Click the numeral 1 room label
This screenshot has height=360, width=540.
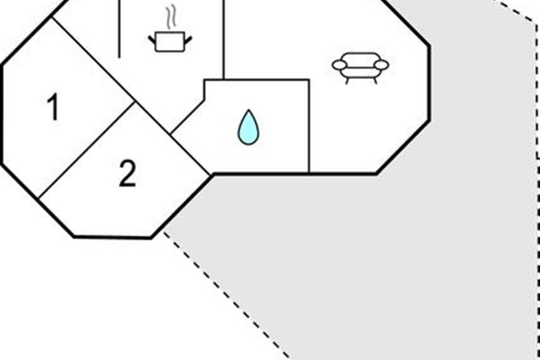coord(53,106)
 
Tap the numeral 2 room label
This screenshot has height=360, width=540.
coord(127,173)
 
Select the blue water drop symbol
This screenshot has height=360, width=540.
coord(248,127)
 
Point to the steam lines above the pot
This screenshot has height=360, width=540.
coord(171,17)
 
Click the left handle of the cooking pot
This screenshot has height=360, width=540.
coord(152,40)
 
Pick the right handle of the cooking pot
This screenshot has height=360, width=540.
coord(189,40)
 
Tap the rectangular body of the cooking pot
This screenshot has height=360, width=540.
coord(170,41)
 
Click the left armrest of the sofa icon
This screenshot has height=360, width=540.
coord(339,65)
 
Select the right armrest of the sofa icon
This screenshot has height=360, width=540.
coord(382,65)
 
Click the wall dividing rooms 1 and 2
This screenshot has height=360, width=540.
coord(86,150)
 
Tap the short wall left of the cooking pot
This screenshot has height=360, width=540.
coord(119,29)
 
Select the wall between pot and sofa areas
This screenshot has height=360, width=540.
coord(224,39)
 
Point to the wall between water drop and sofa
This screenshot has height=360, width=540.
coord(309,126)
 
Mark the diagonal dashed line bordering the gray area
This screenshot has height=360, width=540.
coord(227,296)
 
